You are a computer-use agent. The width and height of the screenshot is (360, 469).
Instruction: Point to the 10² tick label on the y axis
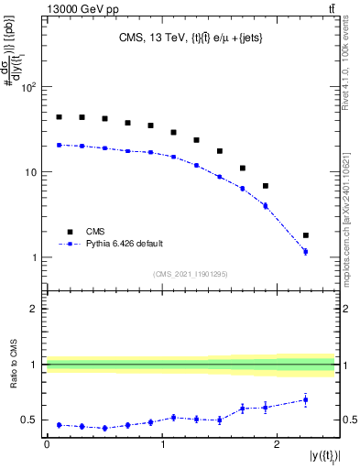pyautogui.click(x=29, y=88)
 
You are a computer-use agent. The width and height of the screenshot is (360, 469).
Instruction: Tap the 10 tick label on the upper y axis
pyautogui.click(x=32, y=172)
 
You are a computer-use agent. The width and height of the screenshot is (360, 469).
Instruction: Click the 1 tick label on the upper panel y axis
pyautogui.click(x=35, y=257)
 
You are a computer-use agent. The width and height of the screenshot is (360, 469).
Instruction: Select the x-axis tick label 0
pyautogui.click(x=47, y=443)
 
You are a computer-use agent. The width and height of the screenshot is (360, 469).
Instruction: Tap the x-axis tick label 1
pyautogui.click(x=162, y=443)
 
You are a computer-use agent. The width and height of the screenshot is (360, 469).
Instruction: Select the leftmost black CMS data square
pyautogui.click(x=59, y=117)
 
